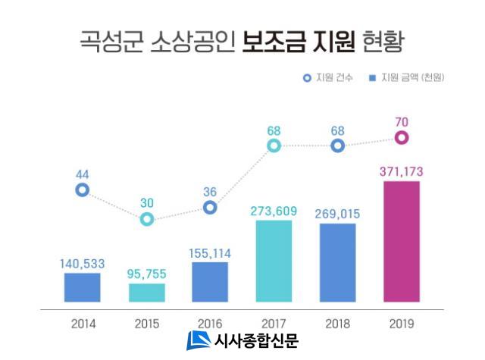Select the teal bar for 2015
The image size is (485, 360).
147,293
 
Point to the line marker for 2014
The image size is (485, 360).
83,190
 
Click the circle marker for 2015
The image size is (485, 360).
147,219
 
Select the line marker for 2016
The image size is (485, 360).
211,207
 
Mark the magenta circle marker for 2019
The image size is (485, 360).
402,137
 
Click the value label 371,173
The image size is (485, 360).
402,172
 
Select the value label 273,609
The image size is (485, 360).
274,211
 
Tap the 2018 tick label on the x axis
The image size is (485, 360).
338,323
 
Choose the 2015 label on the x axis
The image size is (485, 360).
147,323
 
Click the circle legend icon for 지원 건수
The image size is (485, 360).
307,78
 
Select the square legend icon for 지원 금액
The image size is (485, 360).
372,78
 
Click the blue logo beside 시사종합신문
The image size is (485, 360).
199,341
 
